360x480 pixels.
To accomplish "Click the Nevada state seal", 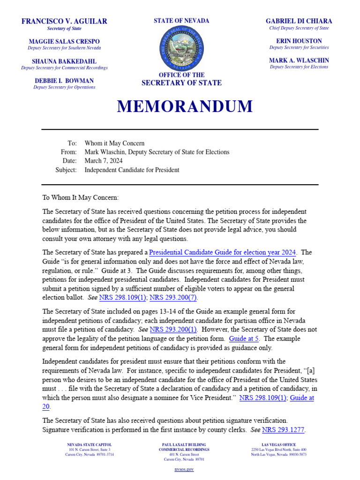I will point(181,48).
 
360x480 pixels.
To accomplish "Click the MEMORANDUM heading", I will point(185,107).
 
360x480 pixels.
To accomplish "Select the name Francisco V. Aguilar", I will point(64,21).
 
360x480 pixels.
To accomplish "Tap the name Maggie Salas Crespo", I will point(64,41).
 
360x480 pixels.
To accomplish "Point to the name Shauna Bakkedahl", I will point(64,61).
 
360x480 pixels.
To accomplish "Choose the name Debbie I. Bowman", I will point(64,81).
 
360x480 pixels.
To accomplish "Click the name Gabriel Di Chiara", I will point(299,21).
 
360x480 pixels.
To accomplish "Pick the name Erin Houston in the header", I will point(299,41).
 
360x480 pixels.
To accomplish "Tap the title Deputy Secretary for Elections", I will point(299,67).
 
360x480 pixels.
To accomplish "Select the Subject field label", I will point(66,170).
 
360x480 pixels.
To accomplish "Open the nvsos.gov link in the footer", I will point(184,469).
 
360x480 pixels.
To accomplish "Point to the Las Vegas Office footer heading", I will point(278,445).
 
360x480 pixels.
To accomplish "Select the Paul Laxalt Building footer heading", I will point(184,445).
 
